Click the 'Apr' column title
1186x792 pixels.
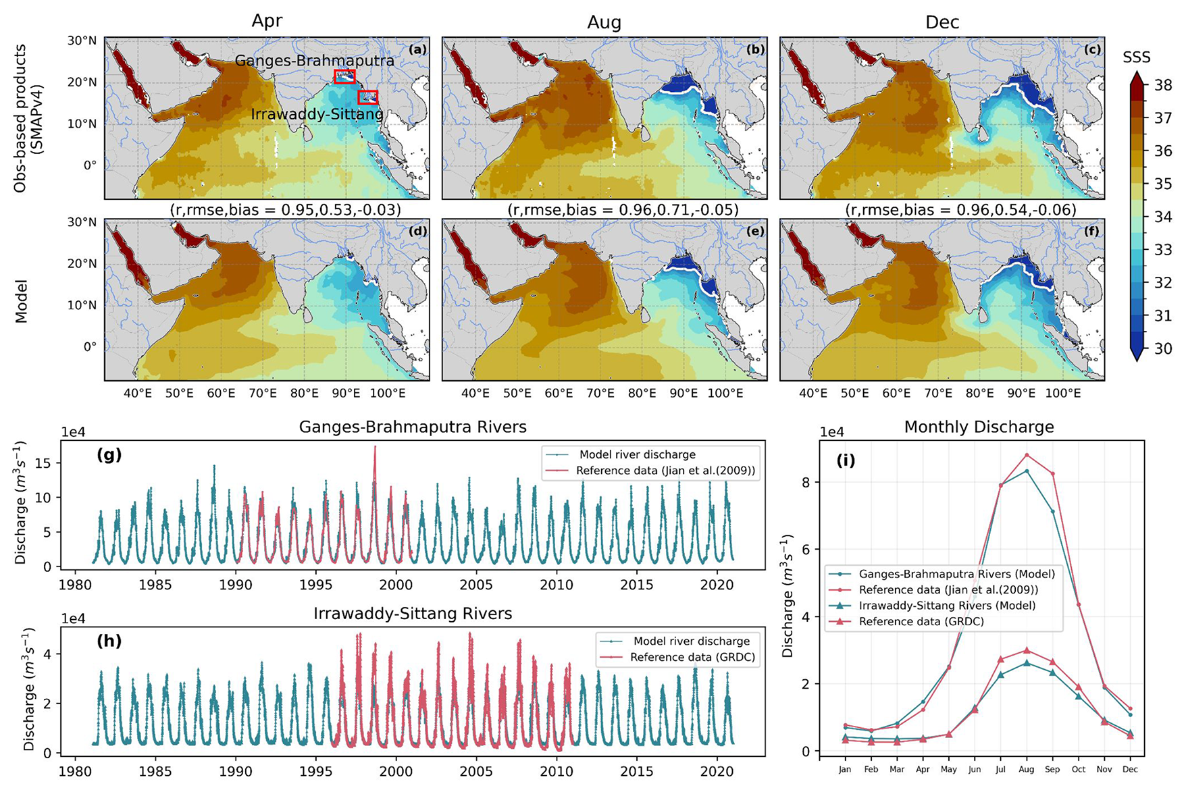(267, 22)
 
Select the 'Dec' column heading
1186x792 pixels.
(942, 22)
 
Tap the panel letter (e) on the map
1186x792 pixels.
(754, 231)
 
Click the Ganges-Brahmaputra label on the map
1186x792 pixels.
(314, 61)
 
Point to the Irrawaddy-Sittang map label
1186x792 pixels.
(317, 114)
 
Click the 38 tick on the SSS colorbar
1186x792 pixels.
(1162, 86)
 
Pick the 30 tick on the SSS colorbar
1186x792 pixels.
(1162, 348)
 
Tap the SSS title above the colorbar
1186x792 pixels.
(1137, 58)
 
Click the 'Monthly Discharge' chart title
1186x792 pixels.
(979, 427)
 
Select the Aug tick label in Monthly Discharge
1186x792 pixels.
(1027, 769)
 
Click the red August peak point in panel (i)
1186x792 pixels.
(1027, 455)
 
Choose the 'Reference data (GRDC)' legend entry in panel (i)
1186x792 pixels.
(921, 622)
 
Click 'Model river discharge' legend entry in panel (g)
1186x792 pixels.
(637, 454)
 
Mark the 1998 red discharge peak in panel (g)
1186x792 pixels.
(375, 447)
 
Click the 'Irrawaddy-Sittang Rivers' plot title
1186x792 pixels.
(413, 614)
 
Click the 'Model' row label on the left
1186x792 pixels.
(22, 300)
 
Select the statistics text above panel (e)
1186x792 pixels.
(623, 210)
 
